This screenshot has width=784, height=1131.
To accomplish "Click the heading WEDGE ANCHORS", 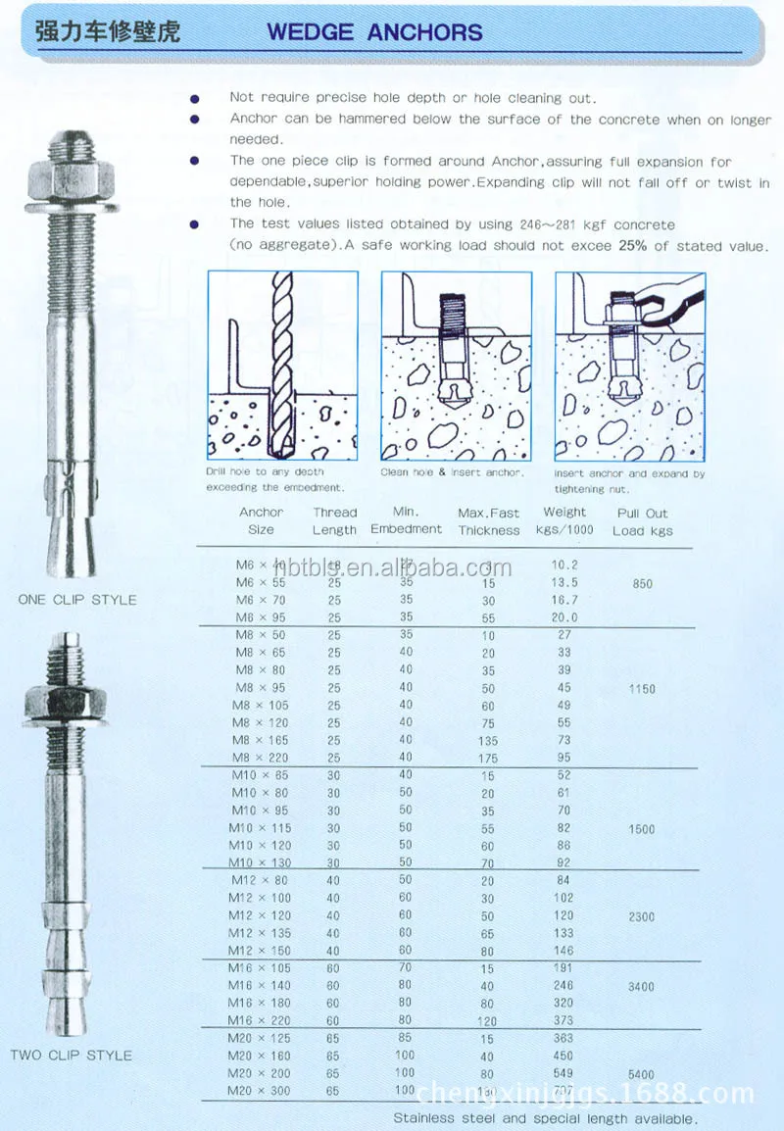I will pyautogui.click(x=374, y=31).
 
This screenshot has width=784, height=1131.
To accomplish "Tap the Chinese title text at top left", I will pyautogui.click(x=108, y=29).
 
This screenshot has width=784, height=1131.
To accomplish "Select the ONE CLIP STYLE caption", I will pyautogui.click(x=77, y=599).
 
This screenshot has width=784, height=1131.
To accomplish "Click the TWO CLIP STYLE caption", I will pyautogui.click(x=71, y=1055).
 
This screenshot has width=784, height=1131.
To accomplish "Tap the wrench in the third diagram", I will pyautogui.click(x=666, y=300).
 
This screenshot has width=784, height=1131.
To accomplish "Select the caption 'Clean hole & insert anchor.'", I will pyautogui.click(x=452, y=472).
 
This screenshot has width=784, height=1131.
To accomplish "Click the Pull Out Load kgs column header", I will pyautogui.click(x=643, y=521).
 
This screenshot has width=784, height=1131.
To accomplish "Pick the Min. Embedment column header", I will pyautogui.click(x=406, y=520).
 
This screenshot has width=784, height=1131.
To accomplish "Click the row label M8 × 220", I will pyautogui.click(x=261, y=758).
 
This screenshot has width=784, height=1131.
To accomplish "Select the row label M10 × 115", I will pyautogui.click(x=260, y=828).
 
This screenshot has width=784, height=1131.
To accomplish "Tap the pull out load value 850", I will pyautogui.click(x=643, y=584).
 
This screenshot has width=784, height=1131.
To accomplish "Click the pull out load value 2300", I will pyautogui.click(x=643, y=916).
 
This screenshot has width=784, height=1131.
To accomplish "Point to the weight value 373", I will pyautogui.click(x=563, y=1021).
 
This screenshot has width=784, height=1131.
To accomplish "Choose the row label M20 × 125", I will pyautogui.click(x=260, y=1038).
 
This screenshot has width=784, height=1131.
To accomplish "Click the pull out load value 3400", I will pyautogui.click(x=643, y=986).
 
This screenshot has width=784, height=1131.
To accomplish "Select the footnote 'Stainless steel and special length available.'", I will pyautogui.click(x=545, y=1117).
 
